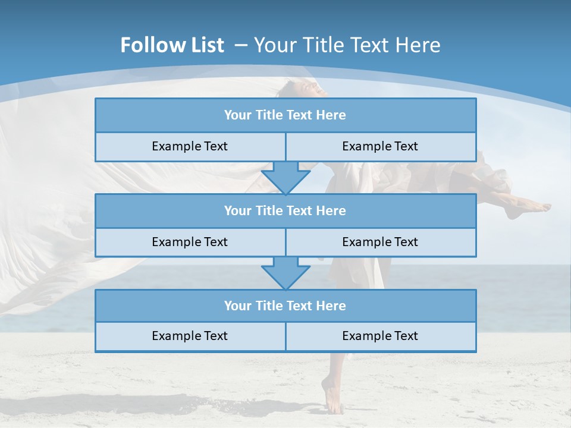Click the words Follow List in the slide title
[172, 45]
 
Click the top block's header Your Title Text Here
[285, 115]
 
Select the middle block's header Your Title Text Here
[285, 210]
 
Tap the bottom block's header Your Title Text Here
[285, 306]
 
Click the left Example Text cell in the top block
[190, 147]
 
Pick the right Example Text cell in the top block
[380, 147]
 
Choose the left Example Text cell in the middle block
[190, 242]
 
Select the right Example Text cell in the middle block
[380, 242]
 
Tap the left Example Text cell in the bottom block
[190, 336]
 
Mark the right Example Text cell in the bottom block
[380, 336]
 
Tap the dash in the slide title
[241, 45]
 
